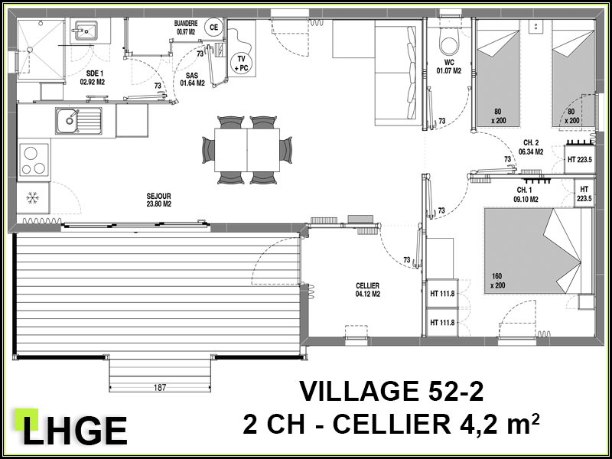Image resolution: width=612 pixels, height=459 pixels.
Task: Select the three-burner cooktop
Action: click(x=34, y=160)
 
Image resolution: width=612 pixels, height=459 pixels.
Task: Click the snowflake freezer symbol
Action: click(x=32, y=198)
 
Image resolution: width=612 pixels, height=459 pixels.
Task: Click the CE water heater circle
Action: click(x=213, y=28)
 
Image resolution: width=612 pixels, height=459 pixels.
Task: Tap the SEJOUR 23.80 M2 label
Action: click(x=159, y=200)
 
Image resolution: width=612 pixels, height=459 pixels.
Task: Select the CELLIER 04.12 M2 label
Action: click(x=367, y=290)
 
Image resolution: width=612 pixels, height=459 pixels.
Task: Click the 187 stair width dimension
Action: click(x=160, y=388)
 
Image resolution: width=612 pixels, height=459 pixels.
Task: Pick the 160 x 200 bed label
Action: click(x=498, y=281)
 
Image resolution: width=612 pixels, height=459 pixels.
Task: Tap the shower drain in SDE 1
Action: click(x=29, y=49)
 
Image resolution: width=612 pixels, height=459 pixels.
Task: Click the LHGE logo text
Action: click(x=75, y=431)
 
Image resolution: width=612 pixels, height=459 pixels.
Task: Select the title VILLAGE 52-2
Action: click(x=392, y=391)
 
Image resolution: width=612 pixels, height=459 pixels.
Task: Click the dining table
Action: click(x=246, y=150)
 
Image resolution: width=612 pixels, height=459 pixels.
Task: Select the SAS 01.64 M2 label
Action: click(x=192, y=80)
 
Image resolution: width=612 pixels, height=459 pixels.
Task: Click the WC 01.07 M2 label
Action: click(x=448, y=67)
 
